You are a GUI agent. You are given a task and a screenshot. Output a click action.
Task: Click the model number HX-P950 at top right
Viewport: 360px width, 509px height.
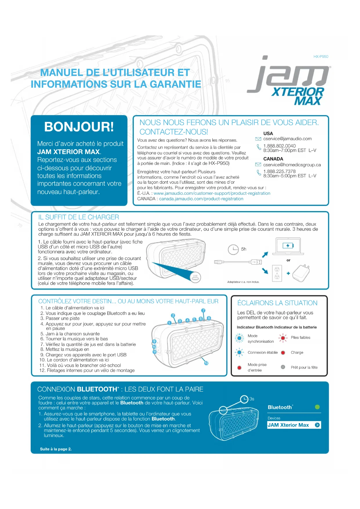click(321, 57)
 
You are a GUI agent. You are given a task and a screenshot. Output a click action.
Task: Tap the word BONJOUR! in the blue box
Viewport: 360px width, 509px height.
click(79, 127)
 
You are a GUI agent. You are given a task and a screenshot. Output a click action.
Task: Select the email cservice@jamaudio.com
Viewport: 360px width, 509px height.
click(287, 139)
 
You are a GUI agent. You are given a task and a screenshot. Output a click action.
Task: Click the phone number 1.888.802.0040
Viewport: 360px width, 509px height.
click(279, 146)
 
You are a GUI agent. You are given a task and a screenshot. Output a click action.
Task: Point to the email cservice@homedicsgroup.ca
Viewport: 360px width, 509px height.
click(292, 165)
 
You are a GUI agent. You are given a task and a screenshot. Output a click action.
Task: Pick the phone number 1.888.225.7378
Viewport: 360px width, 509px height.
click(279, 171)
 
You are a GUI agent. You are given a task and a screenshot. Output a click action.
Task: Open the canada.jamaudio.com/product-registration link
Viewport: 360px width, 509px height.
click(201, 199)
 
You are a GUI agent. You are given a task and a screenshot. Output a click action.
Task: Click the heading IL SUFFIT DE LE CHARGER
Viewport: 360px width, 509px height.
click(79, 217)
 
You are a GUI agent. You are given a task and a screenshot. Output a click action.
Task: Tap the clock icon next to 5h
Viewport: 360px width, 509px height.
click(233, 249)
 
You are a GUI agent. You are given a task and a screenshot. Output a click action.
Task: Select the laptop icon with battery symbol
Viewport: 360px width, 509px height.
click(288, 246)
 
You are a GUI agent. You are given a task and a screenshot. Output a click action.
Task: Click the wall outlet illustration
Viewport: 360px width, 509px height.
click(277, 273)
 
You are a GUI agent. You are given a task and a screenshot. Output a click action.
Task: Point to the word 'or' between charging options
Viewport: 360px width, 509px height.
click(288, 260)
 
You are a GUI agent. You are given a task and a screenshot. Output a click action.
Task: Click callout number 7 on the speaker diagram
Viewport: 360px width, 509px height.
click(203, 311)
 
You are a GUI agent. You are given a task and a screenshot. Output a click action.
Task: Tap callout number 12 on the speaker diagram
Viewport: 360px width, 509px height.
click(206, 363)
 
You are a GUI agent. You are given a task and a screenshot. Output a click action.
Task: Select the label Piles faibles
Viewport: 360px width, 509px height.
click(301, 337)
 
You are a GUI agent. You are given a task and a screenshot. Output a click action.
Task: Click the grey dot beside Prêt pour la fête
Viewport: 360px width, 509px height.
click(283, 367)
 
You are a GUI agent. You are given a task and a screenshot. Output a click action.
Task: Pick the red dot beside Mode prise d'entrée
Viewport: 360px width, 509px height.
click(239, 368)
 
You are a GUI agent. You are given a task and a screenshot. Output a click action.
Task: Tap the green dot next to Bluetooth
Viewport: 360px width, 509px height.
click(317, 407)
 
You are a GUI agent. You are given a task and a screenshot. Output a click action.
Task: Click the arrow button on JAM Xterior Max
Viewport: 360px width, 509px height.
click(317, 425)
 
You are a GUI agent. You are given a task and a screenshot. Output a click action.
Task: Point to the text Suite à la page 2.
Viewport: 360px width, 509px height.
click(56, 449)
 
